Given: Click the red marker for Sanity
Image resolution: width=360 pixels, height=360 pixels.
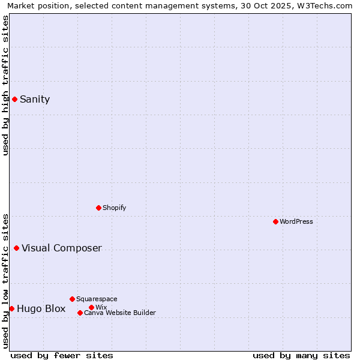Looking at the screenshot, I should (14, 99).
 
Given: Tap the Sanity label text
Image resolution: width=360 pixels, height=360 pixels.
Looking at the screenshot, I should (35, 100).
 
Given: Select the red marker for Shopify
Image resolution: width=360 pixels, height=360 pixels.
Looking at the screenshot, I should (98, 208).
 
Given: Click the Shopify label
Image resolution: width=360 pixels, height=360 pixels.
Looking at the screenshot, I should (114, 208).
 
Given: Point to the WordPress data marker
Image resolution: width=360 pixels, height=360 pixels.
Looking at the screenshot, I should (275, 221).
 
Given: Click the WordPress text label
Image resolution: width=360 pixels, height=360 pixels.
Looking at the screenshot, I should (296, 221).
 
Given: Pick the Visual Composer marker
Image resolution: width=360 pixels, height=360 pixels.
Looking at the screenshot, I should (16, 248).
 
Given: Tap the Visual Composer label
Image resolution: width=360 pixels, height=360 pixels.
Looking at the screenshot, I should (62, 248).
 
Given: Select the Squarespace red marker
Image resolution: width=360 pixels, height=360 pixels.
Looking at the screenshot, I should (72, 299).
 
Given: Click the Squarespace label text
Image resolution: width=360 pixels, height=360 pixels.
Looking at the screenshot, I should (97, 299).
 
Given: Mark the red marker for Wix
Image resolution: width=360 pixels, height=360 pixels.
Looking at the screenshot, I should (91, 307).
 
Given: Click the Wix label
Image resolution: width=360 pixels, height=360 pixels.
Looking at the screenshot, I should (101, 307).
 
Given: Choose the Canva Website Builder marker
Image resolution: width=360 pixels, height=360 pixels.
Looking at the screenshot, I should (80, 313).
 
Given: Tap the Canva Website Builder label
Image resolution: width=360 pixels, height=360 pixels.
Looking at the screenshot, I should (120, 313).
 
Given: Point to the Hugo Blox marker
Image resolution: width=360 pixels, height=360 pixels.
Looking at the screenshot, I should (11, 308).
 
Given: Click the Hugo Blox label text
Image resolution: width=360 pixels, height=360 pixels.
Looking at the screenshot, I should (41, 309).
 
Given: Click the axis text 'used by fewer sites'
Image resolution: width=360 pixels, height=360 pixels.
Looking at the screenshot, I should (62, 355).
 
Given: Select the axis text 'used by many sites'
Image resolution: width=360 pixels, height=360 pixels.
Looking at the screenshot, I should (301, 355).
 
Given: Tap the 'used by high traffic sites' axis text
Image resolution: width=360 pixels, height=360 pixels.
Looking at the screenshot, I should (6, 85).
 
